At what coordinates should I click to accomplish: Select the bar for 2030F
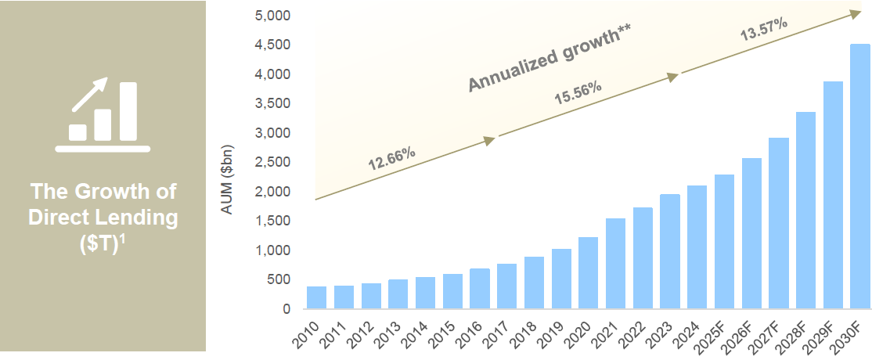coord(859,176)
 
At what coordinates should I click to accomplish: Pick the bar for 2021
coord(615,264)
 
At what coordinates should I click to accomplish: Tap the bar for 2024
coord(697,247)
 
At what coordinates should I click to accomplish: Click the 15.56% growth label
coord(578,92)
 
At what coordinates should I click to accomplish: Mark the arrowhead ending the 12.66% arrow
coord(489,141)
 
